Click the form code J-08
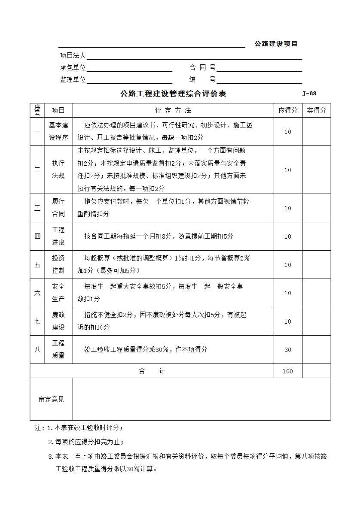pos(309,94)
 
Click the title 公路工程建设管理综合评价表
pos(173,94)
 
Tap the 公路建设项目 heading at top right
pos(276,44)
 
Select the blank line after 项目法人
pos(194,57)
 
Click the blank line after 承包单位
pos(129,69)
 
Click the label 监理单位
pos(73,80)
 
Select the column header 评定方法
pos(173,111)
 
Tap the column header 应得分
pos(288,111)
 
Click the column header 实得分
pos(316,111)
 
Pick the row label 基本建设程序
pos(58,132)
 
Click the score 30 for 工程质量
pos(288,350)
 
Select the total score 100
pos(288,371)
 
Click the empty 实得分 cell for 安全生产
pos(316,293)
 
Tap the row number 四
pos(37,236)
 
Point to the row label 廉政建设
pos(58,321)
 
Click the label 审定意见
pos(52,400)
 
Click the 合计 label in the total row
pos(152,371)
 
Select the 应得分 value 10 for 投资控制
pos(288,265)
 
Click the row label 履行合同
pos(58,208)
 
